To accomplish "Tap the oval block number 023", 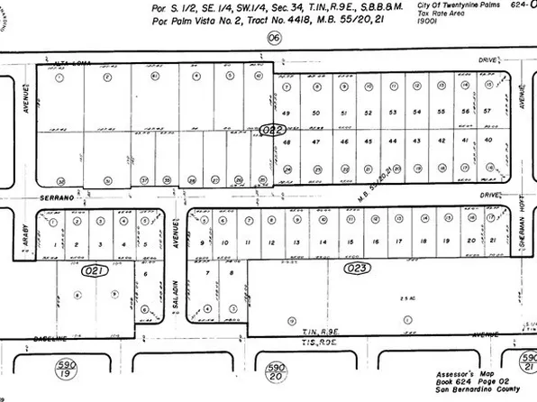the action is coord(357,267).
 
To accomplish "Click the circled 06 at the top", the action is coord(274,37).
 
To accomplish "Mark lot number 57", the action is coord(488,111).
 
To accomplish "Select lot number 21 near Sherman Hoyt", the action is coord(492,242).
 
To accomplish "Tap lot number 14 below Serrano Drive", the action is coord(321,242).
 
